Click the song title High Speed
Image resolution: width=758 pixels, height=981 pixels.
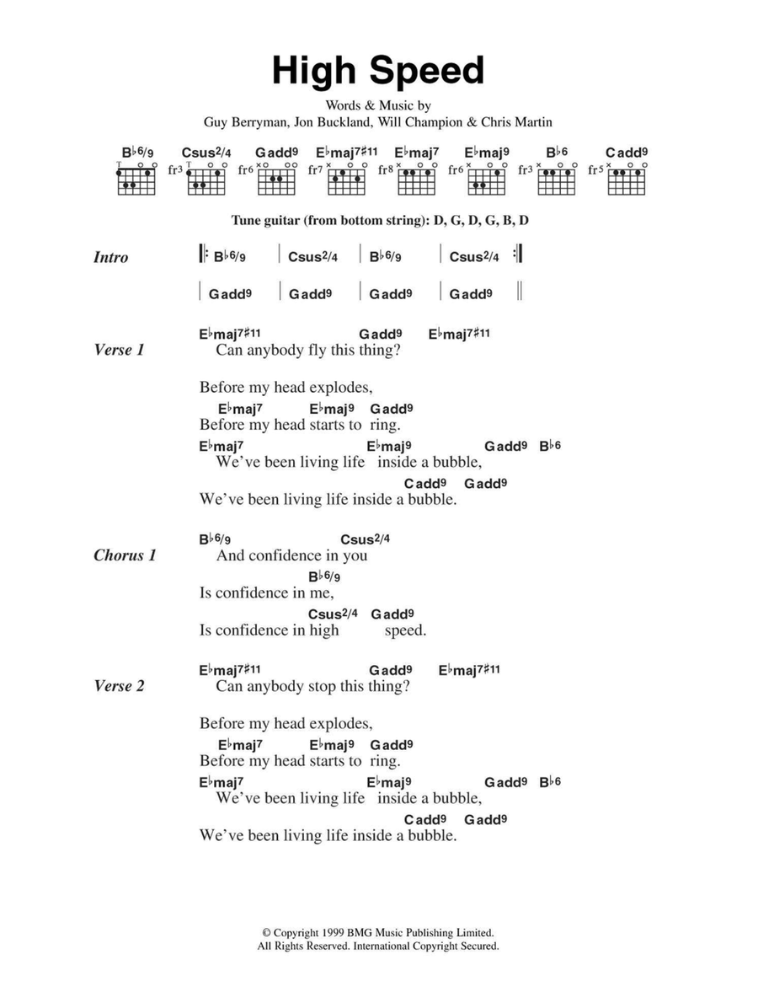[378, 72]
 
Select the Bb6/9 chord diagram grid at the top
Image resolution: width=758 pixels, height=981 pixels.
[137, 180]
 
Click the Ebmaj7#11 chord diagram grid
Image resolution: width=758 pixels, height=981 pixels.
[347, 180]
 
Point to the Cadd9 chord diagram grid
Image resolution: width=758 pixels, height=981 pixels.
[627, 180]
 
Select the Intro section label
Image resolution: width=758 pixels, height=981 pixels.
[111, 258]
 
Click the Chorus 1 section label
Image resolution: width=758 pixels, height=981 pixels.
[125, 555]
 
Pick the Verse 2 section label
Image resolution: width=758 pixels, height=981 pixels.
[119, 686]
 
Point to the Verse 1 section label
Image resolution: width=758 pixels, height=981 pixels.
[119, 350]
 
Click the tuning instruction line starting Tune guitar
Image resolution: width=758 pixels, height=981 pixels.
[378, 221]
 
